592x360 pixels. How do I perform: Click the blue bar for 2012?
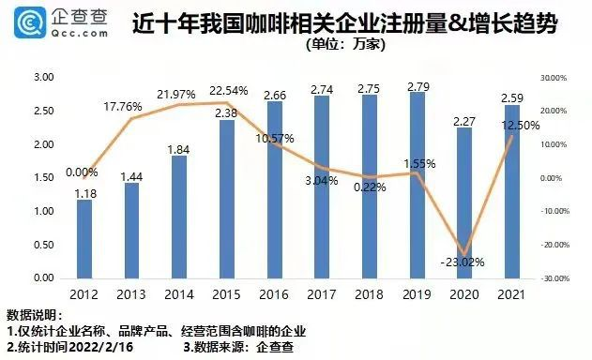[84, 239]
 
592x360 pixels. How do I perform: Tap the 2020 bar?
[463, 202]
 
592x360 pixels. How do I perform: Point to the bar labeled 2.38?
[226, 199]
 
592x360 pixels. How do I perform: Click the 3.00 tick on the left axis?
[43, 78]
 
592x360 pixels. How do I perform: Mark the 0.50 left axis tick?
[43, 246]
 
